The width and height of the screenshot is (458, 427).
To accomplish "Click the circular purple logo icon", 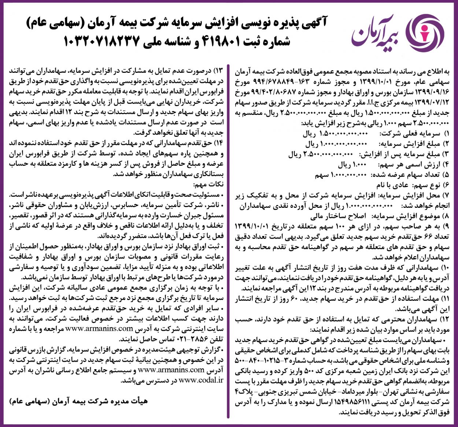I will [x=426, y=32].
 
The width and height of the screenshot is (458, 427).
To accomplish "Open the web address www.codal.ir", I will [x=201, y=380].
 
